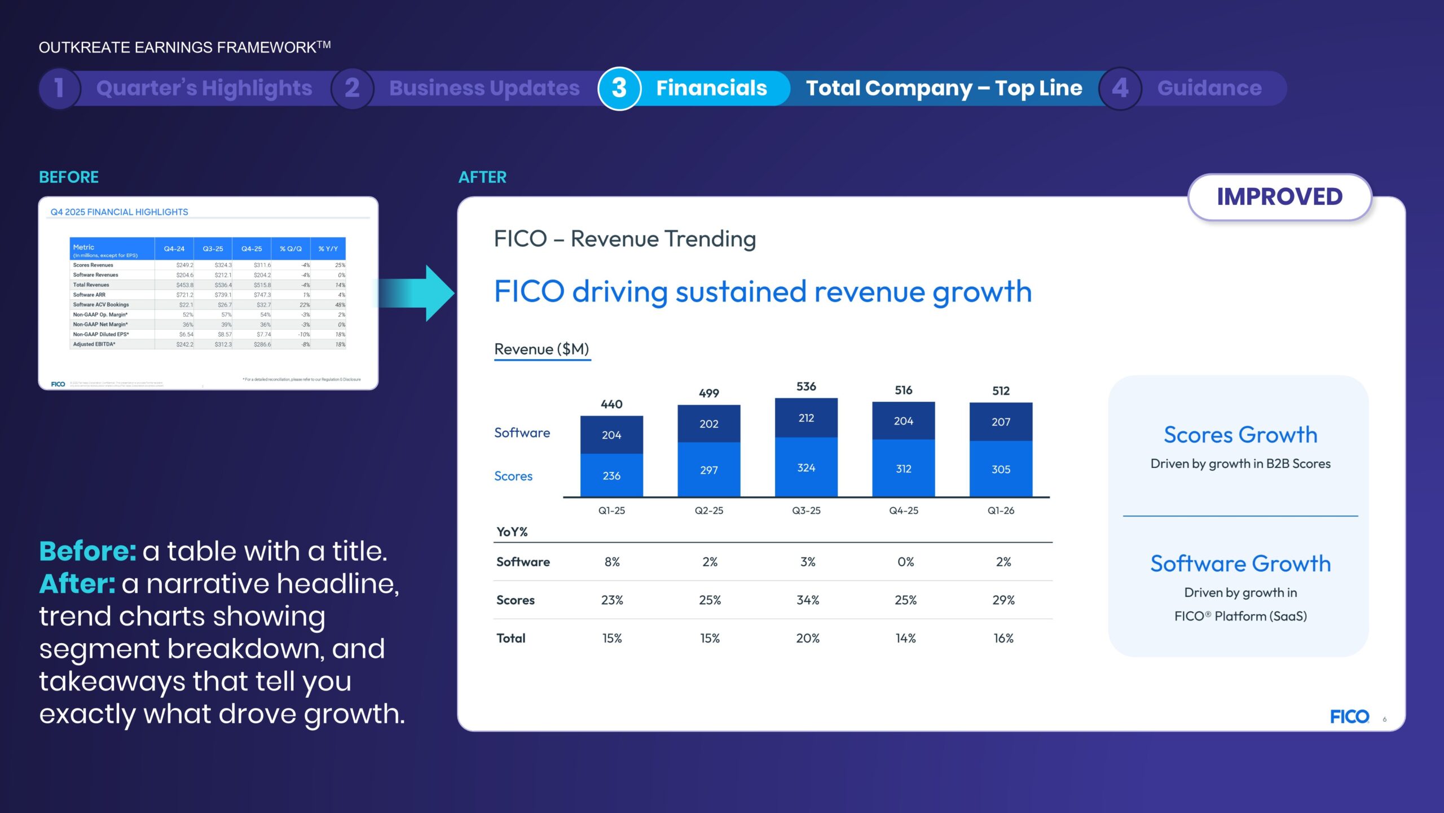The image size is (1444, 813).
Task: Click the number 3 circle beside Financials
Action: tap(619, 88)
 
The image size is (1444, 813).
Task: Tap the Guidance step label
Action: tap(1209, 88)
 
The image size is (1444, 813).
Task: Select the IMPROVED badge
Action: tap(1279, 197)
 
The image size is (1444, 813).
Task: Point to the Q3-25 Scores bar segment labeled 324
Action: tap(806, 467)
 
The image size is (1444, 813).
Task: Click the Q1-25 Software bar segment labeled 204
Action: tap(611, 435)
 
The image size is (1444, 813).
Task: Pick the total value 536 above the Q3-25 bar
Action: tap(806, 386)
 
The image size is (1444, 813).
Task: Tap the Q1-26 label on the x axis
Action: tap(1001, 510)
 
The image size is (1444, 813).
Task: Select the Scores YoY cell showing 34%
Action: tap(808, 600)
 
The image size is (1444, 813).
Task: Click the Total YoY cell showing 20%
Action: tap(808, 638)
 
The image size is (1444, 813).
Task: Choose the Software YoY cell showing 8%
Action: tap(612, 562)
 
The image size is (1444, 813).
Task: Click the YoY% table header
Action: tap(512, 531)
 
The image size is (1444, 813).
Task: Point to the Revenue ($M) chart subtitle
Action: tap(541, 349)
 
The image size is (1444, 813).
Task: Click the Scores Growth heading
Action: tap(1240, 435)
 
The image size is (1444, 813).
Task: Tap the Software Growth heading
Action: tap(1240, 563)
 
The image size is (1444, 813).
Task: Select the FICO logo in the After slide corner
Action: tap(1349, 716)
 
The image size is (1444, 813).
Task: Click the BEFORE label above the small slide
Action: tap(69, 177)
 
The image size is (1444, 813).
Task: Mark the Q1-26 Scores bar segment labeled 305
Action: tap(1001, 469)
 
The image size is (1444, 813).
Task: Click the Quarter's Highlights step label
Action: tap(204, 88)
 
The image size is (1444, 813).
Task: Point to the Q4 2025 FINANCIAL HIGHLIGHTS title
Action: tap(120, 212)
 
